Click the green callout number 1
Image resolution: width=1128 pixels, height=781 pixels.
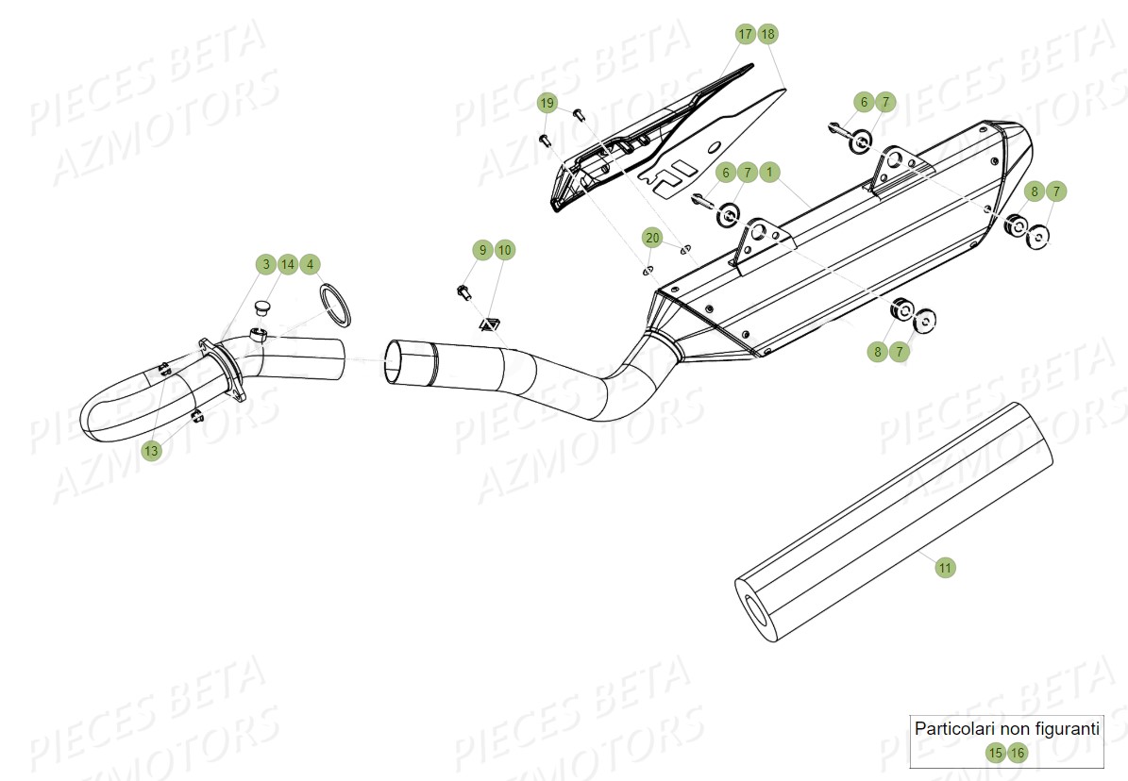769,172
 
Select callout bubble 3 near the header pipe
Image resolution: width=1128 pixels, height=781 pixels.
265,264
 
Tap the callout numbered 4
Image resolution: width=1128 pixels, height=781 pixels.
310,264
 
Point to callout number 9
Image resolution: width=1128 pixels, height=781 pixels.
482,250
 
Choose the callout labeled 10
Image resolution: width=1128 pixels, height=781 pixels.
504,250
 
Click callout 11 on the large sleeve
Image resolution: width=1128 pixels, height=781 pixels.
945,567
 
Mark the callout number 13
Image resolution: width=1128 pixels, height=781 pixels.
151,451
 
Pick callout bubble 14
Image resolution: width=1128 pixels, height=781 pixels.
287,264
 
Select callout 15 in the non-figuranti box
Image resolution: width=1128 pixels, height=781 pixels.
995,753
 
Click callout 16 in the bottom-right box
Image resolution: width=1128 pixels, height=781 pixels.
1017,753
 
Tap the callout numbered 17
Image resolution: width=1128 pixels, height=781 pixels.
746,34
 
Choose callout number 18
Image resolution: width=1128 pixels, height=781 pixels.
767,34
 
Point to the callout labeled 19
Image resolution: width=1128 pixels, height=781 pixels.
547,102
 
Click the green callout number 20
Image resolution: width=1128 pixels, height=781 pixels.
652,237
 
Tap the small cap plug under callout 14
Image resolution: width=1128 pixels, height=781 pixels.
262,307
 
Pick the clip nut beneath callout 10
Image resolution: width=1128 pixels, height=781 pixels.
487,325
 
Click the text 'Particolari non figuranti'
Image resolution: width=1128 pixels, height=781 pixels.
1006,728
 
